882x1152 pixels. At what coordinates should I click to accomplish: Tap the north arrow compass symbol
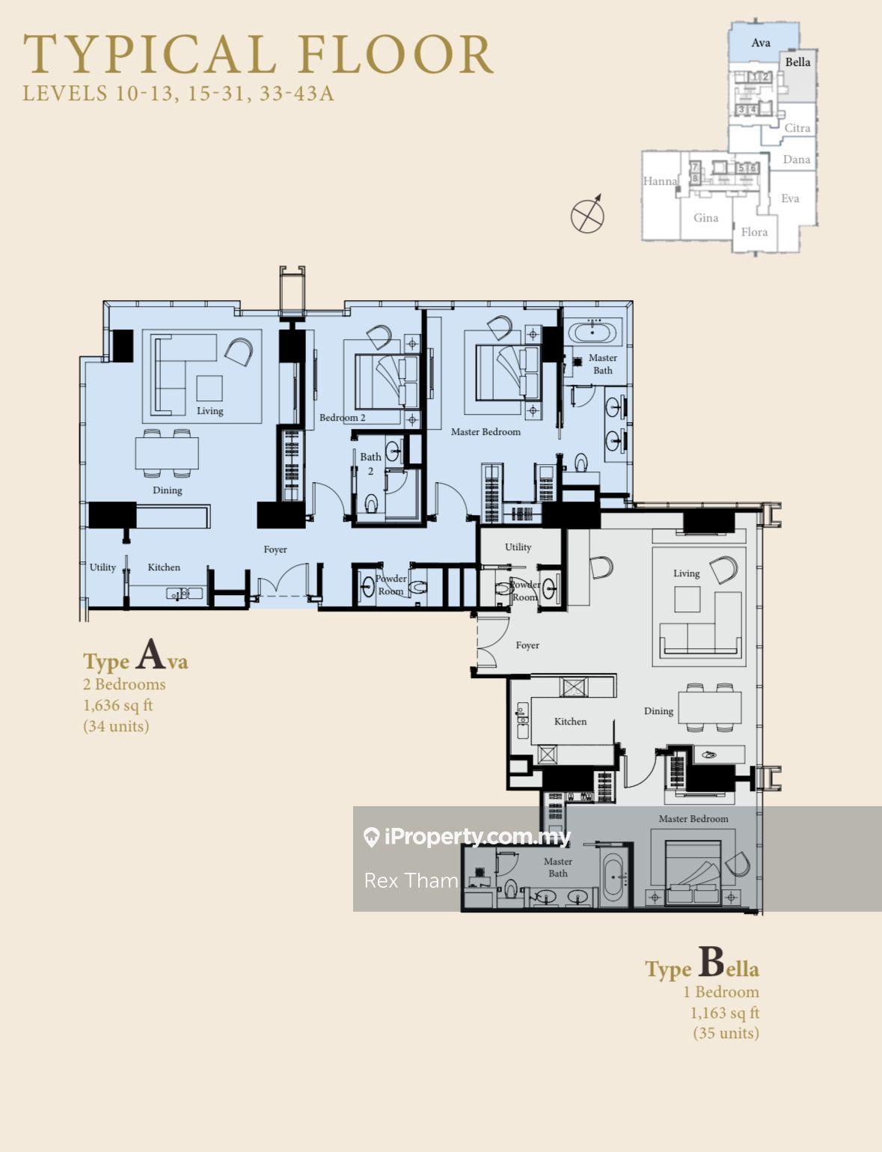pyautogui.click(x=587, y=213)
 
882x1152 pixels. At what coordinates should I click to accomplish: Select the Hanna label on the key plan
pyautogui.click(x=660, y=181)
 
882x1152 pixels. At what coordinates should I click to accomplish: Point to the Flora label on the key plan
pyautogui.click(x=754, y=231)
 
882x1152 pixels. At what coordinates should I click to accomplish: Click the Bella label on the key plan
pyautogui.click(x=797, y=62)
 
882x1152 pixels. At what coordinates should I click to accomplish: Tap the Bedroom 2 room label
pyautogui.click(x=342, y=418)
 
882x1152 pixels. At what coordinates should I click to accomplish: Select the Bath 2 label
pyautogui.click(x=370, y=463)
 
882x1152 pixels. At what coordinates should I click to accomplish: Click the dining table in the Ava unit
pyautogui.click(x=167, y=454)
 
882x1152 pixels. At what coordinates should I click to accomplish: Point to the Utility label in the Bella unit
pyautogui.click(x=518, y=547)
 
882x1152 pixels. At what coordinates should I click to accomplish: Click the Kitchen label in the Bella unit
pyautogui.click(x=570, y=722)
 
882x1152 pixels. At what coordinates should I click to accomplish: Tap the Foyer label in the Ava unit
pyautogui.click(x=275, y=549)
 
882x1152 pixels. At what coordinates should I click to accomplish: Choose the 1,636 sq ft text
pyautogui.click(x=117, y=706)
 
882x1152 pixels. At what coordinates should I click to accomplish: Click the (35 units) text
pyautogui.click(x=726, y=1033)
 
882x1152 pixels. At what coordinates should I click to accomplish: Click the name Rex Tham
pyautogui.click(x=411, y=881)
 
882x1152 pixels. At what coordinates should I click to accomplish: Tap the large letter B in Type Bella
pyautogui.click(x=711, y=962)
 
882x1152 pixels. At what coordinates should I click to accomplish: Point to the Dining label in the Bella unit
pyautogui.click(x=658, y=711)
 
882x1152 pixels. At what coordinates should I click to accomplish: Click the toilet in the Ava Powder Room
pyautogui.click(x=418, y=588)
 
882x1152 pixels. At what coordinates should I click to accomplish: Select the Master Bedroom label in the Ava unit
pyautogui.click(x=486, y=432)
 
